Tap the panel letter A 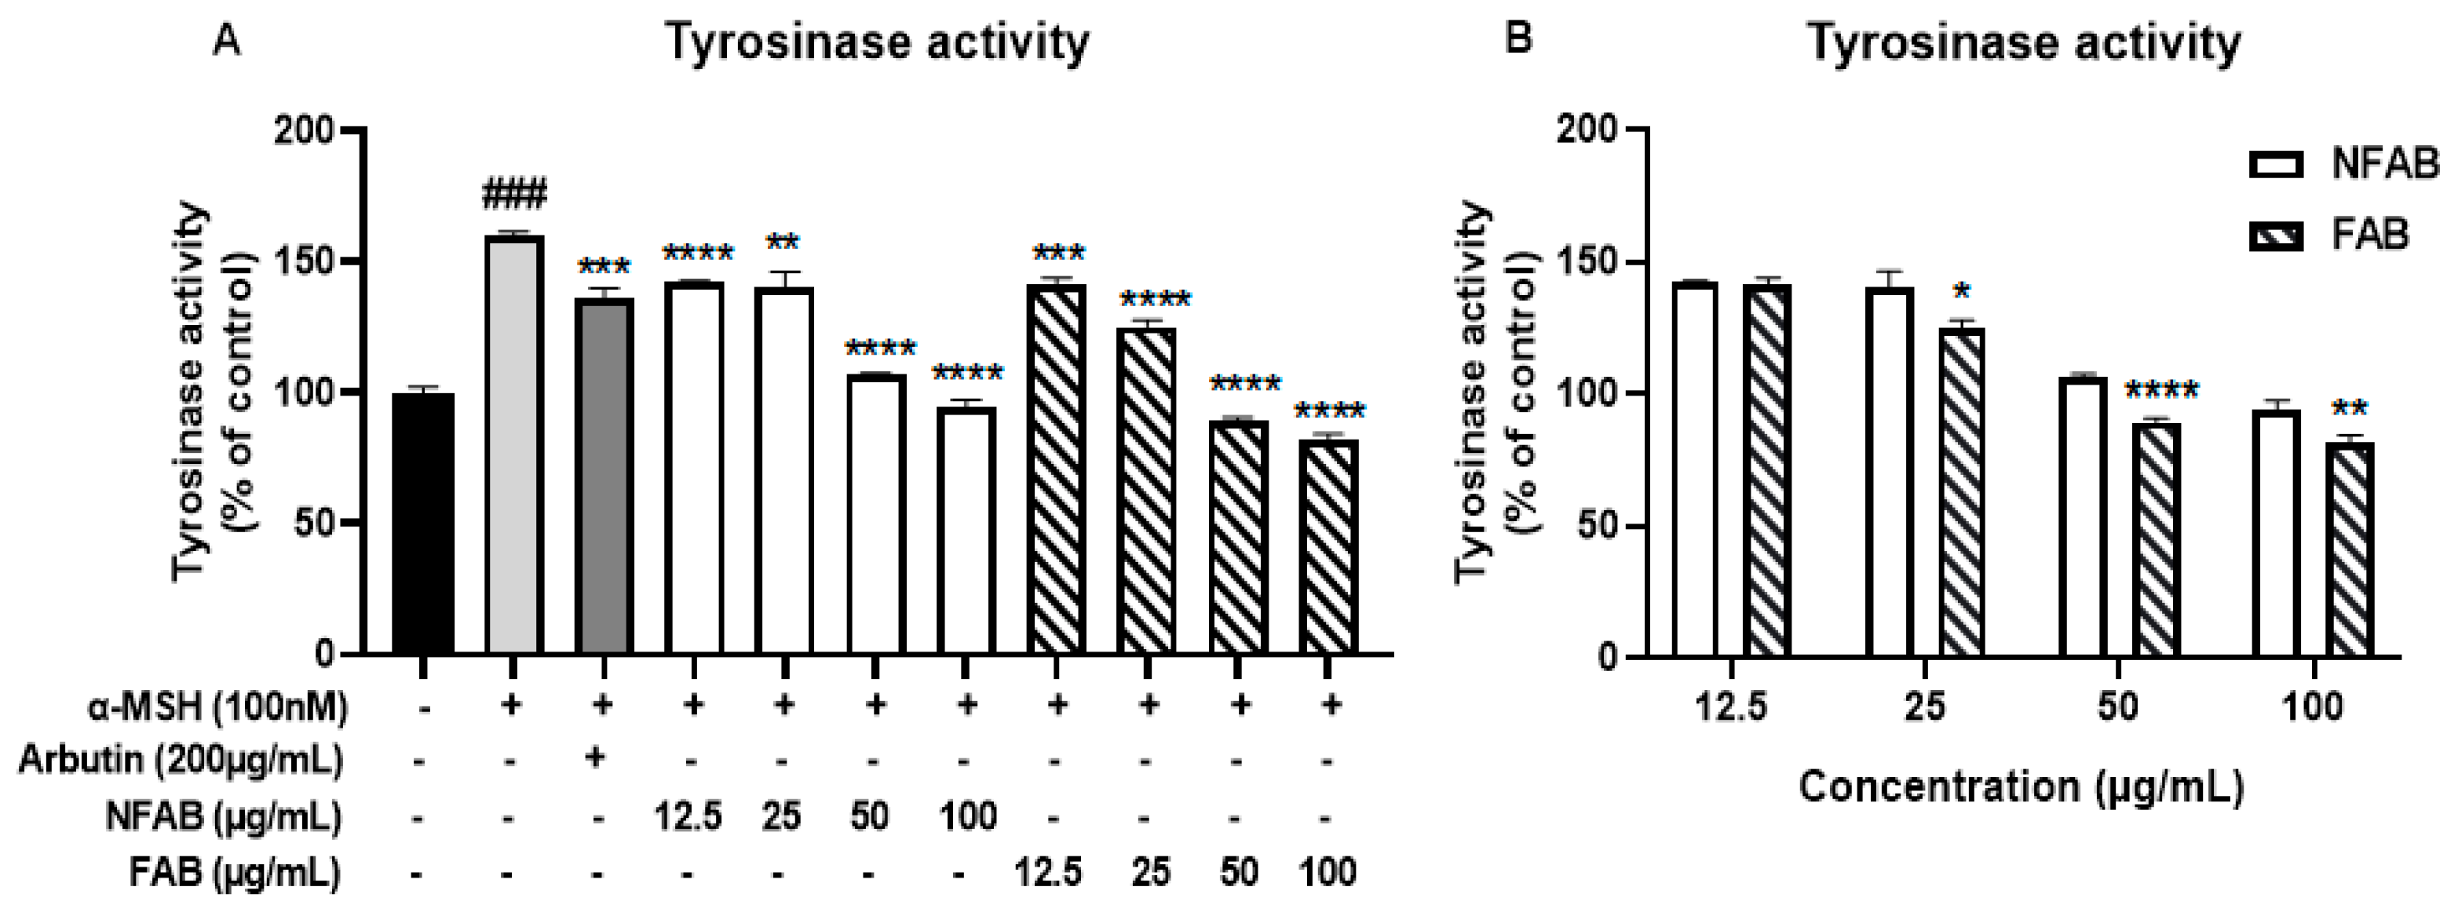[226, 41]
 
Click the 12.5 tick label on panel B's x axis [1731, 707]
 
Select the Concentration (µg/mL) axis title [2021, 787]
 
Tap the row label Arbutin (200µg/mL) [181, 761]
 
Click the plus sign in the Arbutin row [597, 757]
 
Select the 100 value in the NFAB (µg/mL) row [968, 816]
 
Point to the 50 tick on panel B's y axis [1595, 525]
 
